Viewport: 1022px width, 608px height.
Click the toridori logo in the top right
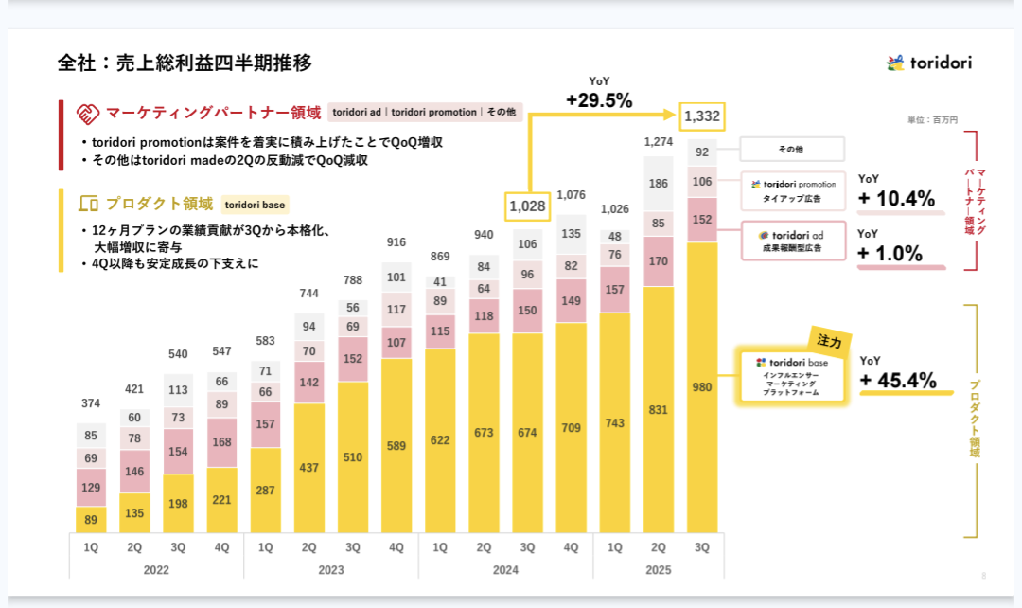click(x=928, y=63)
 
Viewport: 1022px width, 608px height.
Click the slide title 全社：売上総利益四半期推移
click(x=185, y=63)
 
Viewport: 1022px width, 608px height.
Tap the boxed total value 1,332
click(x=702, y=116)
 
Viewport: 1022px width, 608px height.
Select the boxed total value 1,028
click(x=528, y=205)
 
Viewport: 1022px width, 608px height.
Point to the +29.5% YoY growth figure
click(x=599, y=99)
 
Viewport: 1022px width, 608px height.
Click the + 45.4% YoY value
click(x=898, y=381)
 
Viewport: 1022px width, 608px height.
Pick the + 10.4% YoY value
click(x=896, y=199)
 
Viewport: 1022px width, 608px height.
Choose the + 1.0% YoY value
click(x=890, y=253)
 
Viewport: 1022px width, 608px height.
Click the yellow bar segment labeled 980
click(x=702, y=386)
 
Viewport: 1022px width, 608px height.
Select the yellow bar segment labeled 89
click(x=91, y=519)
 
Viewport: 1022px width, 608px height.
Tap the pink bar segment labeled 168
click(x=221, y=442)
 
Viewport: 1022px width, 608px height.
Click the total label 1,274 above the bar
click(x=659, y=142)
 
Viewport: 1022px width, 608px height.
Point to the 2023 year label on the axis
click(x=330, y=570)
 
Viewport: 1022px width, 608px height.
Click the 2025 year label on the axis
click(x=658, y=570)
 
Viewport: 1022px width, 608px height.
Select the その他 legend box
click(x=790, y=150)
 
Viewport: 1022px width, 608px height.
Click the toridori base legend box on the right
click(x=792, y=376)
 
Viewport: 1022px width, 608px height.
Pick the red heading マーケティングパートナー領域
click(x=213, y=113)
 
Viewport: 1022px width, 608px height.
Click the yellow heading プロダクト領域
click(x=159, y=204)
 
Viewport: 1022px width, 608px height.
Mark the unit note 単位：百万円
click(x=932, y=120)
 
